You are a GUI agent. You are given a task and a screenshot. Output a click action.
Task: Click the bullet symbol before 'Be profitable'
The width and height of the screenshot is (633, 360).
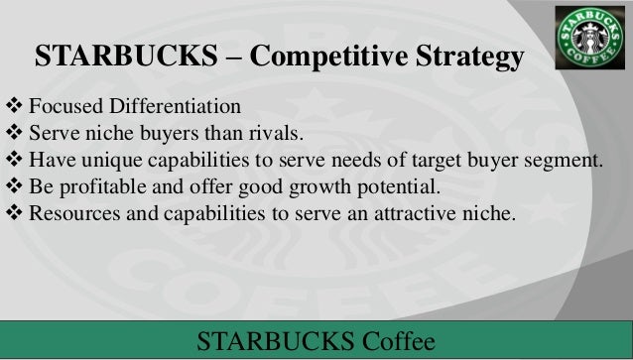14,185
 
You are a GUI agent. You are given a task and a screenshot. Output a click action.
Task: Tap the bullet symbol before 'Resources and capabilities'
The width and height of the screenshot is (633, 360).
14,211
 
